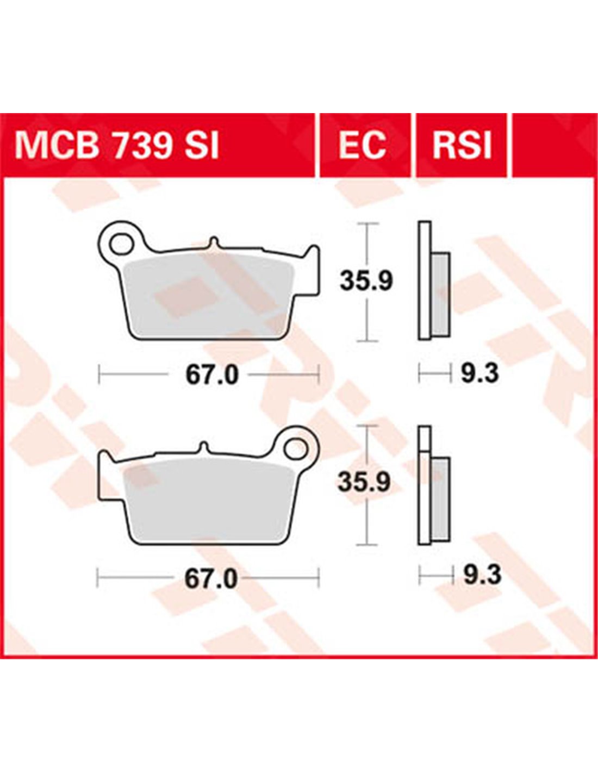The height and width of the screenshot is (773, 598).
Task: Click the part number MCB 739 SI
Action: [x=116, y=146]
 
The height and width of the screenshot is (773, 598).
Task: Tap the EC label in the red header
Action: [x=362, y=146]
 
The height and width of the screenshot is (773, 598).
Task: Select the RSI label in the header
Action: [x=462, y=146]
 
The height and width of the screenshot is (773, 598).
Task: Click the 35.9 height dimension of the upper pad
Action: [x=366, y=282]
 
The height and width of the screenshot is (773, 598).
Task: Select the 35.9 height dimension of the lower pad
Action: [x=364, y=482]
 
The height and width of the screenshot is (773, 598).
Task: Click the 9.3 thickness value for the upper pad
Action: [x=480, y=373]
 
